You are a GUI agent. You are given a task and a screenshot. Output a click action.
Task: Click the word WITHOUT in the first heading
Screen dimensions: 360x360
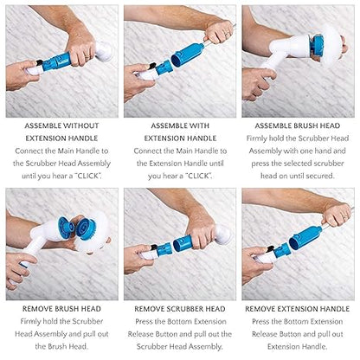(x=77, y=126)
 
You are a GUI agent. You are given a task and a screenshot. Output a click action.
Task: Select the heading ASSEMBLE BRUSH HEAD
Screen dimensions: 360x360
(x=299, y=126)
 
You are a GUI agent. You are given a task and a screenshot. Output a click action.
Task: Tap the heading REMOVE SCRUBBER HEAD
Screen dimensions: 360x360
(x=179, y=308)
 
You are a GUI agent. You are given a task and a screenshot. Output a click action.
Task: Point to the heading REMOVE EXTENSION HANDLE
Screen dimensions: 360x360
(x=299, y=308)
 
